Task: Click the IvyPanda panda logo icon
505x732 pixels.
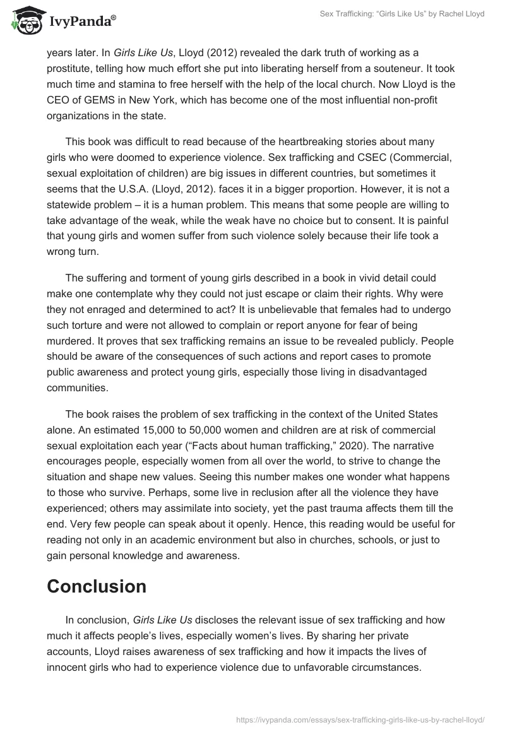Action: tap(25, 20)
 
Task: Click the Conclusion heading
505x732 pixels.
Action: tap(97, 586)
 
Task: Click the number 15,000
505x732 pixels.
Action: tap(157, 430)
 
